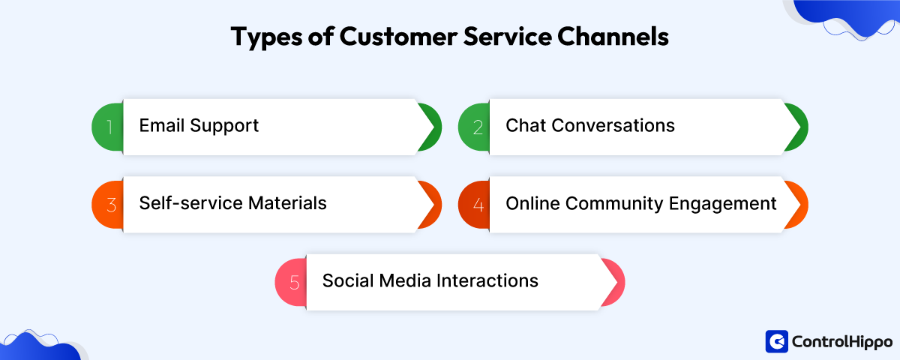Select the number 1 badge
tap(109, 127)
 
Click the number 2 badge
tap(476, 127)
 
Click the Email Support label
tap(199, 125)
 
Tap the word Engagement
tap(728, 203)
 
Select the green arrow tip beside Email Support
tap(429, 127)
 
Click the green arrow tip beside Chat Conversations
tap(796, 127)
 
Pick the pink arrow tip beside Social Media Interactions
tap(613, 283)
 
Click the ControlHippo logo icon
tap(776, 341)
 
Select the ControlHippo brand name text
tap(841, 342)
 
